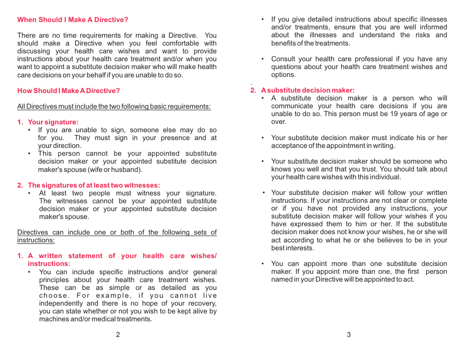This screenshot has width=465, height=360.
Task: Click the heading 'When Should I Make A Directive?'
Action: point(72,20)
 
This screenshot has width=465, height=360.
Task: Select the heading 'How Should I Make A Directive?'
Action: point(69,91)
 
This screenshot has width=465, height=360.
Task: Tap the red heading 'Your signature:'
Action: point(53,122)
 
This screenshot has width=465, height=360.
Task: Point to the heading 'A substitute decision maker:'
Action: point(307,90)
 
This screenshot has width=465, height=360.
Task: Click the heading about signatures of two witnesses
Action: point(93,185)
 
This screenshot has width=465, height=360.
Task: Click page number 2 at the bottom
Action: point(118,335)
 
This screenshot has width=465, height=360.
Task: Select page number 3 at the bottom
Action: point(349,335)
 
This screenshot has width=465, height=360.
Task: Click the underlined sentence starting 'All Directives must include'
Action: point(114,106)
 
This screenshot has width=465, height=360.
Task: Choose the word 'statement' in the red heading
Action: point(85,256)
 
